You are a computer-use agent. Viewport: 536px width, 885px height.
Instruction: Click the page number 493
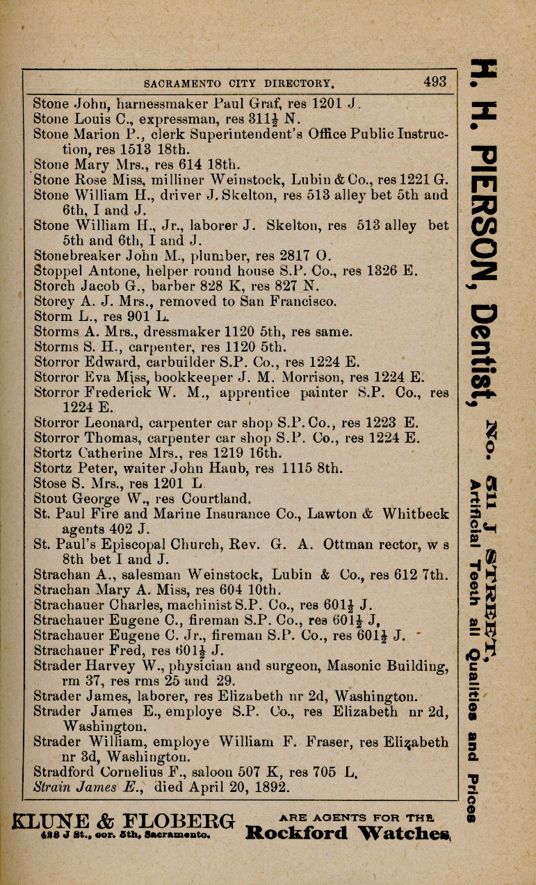tap(435, 82)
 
